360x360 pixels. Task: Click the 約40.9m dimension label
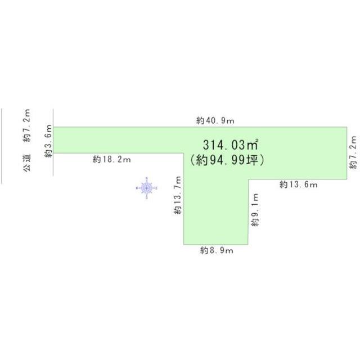click(215, 120)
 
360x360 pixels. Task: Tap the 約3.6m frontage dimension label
click(48, 141)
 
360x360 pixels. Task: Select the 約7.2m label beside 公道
click(27, 125)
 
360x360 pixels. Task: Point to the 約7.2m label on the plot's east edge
click(353, 152)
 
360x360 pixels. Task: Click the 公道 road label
click(27, 163)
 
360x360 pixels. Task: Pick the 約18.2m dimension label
click(111, 159)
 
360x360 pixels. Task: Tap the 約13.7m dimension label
click(178, 195)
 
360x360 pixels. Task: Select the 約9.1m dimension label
click(255, 210)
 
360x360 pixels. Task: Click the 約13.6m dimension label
click(299, 184)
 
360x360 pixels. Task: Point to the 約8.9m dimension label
click(217, 250)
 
